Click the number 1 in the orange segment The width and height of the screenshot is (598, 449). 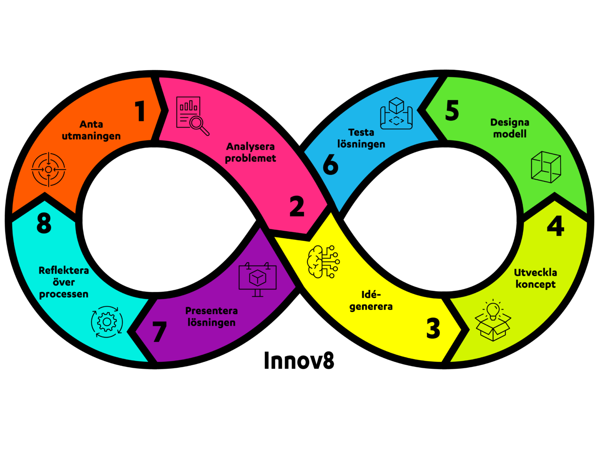140,111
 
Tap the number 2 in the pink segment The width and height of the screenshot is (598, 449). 297,206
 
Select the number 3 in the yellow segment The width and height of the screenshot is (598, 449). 433,328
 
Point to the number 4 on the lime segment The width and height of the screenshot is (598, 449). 555,226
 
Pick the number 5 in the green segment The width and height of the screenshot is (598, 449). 452,110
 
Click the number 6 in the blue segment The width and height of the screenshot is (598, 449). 331,164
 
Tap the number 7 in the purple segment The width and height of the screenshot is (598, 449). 159,331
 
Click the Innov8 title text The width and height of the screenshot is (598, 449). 299,361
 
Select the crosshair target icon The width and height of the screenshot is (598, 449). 49,170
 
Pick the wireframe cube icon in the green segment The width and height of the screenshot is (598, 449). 546,167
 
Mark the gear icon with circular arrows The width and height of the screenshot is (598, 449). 107,322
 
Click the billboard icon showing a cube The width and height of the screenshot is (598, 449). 257,279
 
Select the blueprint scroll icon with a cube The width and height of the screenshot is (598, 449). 396,113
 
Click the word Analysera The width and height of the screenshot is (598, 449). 250,147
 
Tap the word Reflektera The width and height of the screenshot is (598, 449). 64,270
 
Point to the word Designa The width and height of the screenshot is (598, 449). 510,123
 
